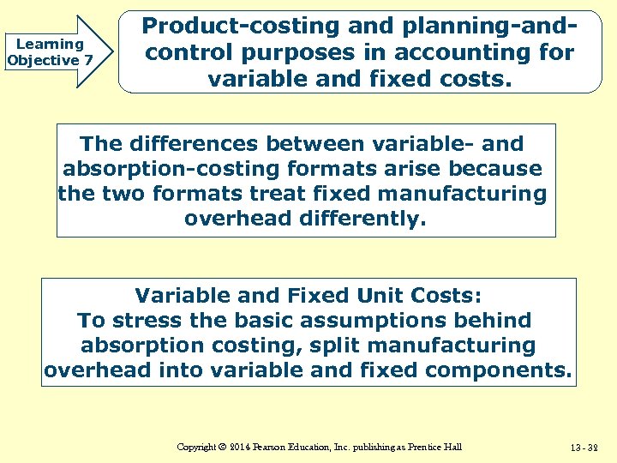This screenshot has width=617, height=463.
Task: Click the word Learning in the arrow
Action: [50, 44]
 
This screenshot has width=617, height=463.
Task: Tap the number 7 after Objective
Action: [87, 60]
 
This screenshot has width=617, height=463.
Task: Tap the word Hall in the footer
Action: [452, 448]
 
